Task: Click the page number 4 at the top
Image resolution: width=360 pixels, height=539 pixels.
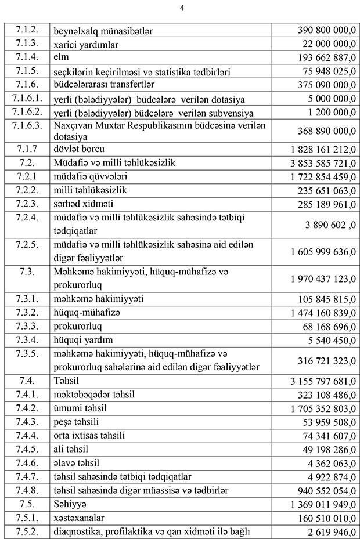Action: point(182,8)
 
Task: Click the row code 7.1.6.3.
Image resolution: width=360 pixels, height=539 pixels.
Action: point(27,126)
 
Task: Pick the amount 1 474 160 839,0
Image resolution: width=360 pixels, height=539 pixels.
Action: point(322,313)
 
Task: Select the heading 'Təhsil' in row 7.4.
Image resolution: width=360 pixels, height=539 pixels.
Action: point(66,381)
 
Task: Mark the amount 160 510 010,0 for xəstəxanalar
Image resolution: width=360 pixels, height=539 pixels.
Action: point(325,518)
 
